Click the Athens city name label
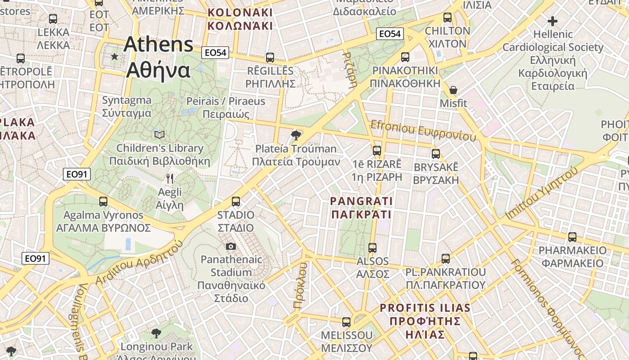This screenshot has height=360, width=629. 159,57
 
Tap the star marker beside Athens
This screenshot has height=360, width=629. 115,57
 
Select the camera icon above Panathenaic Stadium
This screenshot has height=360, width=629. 231,246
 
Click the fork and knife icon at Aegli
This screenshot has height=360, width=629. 170,179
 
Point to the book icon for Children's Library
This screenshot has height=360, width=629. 159,135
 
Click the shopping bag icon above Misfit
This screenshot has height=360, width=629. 453,90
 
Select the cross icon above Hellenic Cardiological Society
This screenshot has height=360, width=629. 553,21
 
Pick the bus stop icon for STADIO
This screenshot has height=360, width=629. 236,201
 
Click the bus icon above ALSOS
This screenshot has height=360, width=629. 372,247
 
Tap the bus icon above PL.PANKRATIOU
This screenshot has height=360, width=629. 446,258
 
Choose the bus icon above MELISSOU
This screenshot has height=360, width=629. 346,322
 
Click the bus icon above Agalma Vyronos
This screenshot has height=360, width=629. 103,201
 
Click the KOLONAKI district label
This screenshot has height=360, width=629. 240,19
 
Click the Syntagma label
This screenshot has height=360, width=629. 127,106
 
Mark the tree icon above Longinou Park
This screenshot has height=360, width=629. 156,333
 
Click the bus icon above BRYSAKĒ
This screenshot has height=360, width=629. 436,153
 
